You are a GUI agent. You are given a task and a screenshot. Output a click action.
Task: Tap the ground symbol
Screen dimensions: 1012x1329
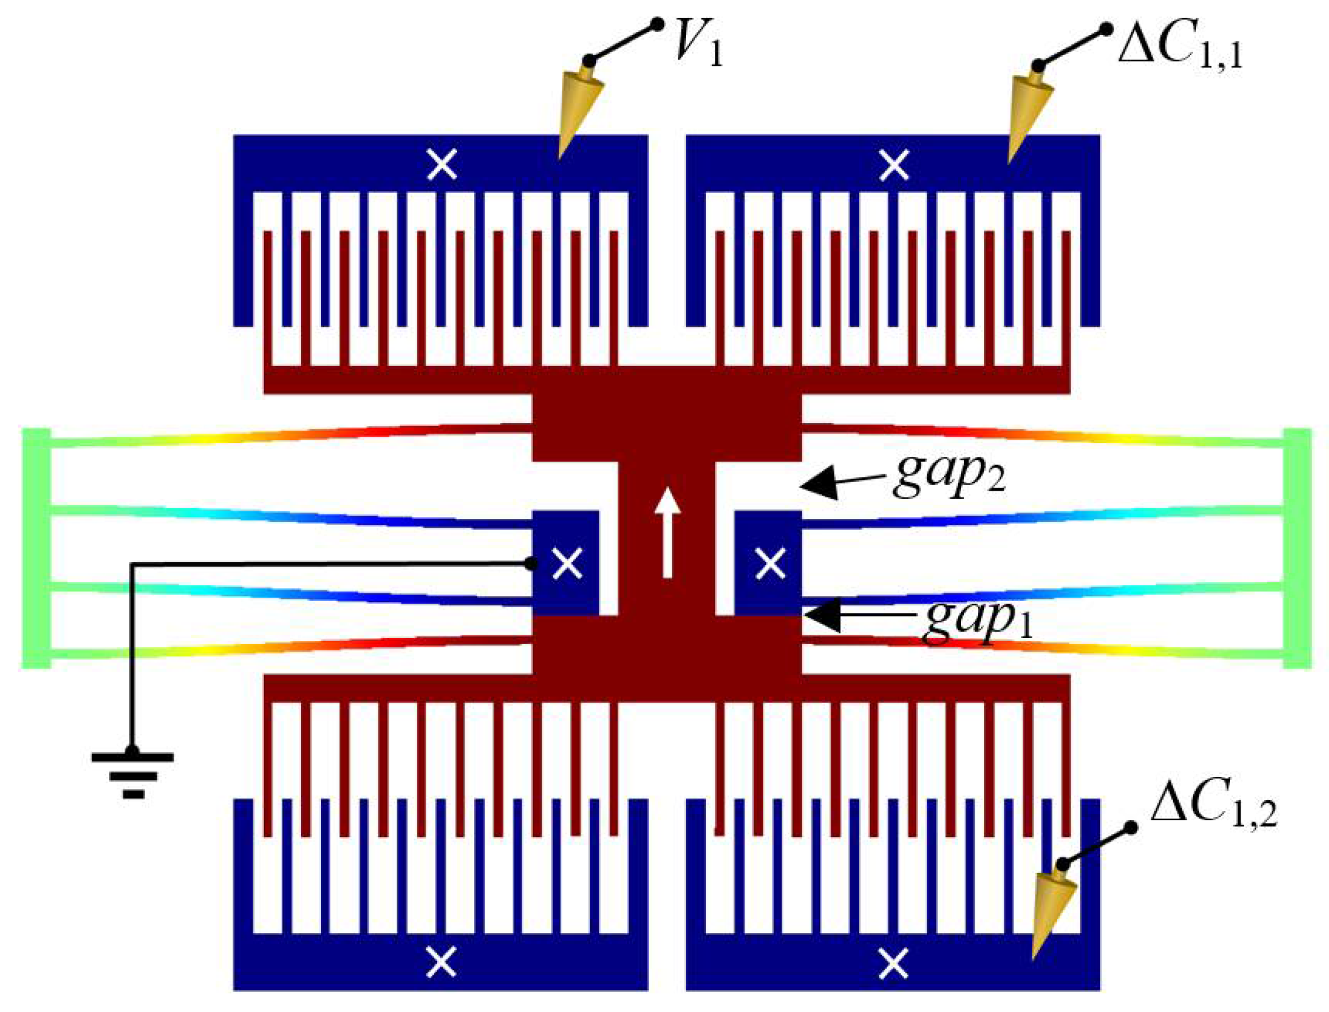click(x=132, y=774)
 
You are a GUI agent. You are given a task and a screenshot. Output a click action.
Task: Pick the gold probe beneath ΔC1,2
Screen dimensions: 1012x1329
click(x=1053, y=909)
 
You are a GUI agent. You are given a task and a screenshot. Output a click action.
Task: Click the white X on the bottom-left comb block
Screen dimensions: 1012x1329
click(x=441, y=962)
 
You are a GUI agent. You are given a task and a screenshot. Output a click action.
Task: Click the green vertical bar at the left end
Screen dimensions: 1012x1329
click(x=36, y=548)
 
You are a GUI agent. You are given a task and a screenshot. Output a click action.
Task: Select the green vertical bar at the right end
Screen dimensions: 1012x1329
click(x=1297, y=548)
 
